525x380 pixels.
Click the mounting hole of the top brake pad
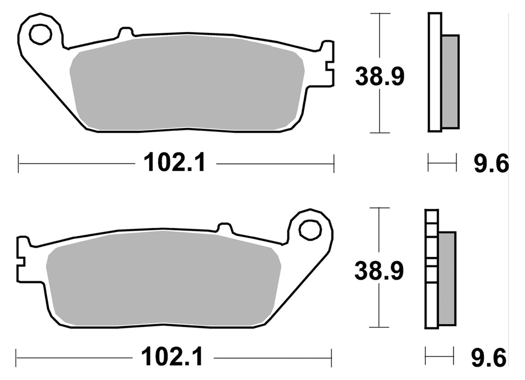tap(40, 34)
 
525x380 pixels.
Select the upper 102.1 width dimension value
tap(173, 163)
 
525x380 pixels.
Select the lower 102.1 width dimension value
tap(172, 357)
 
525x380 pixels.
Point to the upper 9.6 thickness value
tap(491, 164)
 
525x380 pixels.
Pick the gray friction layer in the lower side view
tap(447, 278)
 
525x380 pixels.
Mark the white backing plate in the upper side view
tap(435, 72)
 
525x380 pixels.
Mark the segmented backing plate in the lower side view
tap(431, 269)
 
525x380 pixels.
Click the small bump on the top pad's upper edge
tap(126, 33)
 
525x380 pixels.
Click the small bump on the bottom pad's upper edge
tap(224, 228)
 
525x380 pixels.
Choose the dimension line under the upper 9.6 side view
tap(442, 163)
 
